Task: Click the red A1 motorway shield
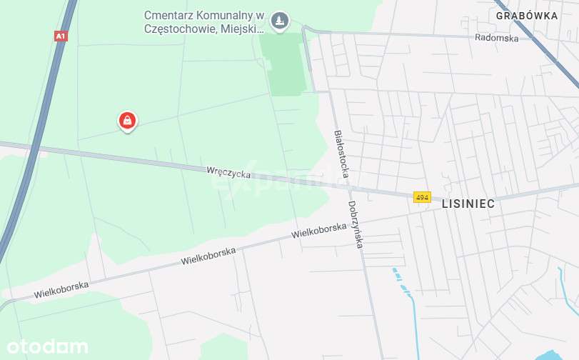61,36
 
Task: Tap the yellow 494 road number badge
422,197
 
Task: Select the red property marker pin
127,121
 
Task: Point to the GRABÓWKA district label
527,14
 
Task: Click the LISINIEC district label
468,204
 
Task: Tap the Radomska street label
498,39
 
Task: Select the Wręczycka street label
228,171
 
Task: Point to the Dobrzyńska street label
356,224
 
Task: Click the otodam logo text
44,347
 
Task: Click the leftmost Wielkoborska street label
61,289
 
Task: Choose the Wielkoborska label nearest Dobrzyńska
319,230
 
